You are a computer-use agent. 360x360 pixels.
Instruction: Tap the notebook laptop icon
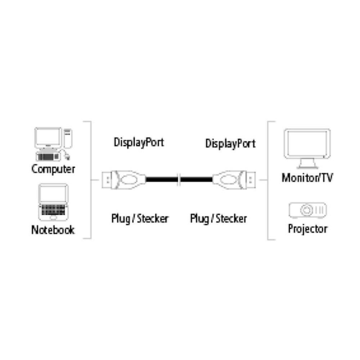(53, 203)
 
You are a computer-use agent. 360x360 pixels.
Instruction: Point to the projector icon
(307, 210)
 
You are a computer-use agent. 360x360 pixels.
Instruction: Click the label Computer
(53, 169)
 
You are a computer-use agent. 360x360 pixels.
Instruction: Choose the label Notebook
(53, 230)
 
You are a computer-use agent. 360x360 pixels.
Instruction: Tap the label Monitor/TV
(307, 177)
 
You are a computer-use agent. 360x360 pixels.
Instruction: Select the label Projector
(307, 229)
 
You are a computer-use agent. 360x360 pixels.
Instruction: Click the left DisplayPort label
(139, 142)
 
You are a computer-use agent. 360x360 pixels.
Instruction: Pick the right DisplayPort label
(230, 143)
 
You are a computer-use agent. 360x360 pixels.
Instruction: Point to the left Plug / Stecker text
(140, 218)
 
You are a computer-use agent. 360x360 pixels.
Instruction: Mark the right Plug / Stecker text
(219, 218)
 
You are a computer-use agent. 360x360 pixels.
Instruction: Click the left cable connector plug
(122, 179)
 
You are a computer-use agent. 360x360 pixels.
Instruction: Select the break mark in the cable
(179, 179)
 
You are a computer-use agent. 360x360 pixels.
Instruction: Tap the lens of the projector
(307, 210)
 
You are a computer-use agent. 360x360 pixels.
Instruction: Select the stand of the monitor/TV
(307, 165)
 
